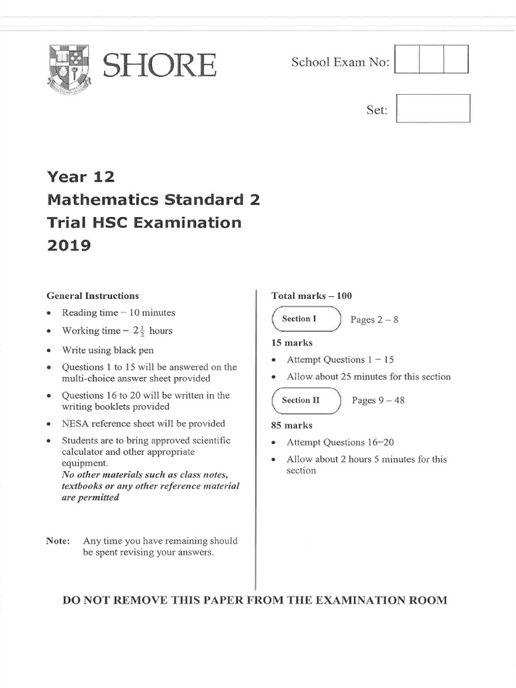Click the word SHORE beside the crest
[x=160, y=66]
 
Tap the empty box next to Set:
[x=433, y=109]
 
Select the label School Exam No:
[x=340, y=62]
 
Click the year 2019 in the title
[x=69, y=245]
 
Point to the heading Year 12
[x=81, y=177]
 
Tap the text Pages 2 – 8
[x=374, y=320]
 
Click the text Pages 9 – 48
[x=378, y=401]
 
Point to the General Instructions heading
[x=93, y=296]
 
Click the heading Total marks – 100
[x=311, y=296]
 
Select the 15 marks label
[x=292, y=343]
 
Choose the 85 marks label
[x=292, y=425]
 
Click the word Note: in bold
[x=58, y=541]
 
